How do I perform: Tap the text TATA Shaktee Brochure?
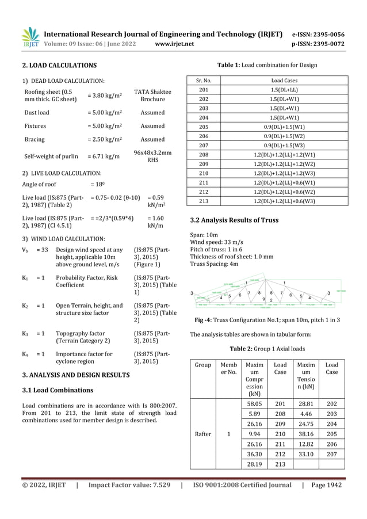point(152,96)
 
